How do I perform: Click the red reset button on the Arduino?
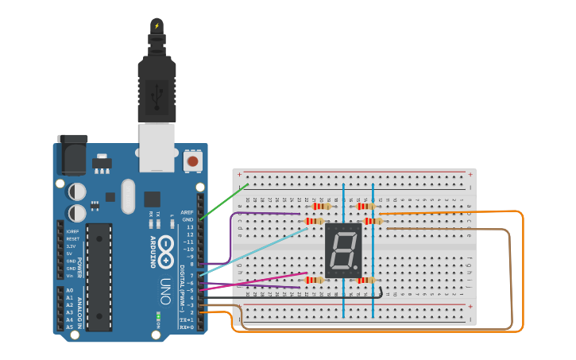click(191, 161)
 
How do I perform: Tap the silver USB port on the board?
click(157, 147)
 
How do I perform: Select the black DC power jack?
click(72, 154)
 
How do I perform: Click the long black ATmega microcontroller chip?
click(99, 276)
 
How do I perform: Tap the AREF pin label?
click(187, 212)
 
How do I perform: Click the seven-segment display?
click(344, 250)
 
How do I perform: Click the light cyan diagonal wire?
click(254, 251)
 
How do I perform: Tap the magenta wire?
click(254, 281)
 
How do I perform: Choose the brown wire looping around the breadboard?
click(509, 278)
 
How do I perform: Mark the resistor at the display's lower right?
click(365, 280)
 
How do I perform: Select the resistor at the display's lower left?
click(315, 280)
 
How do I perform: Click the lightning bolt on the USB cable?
click(157, 25)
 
